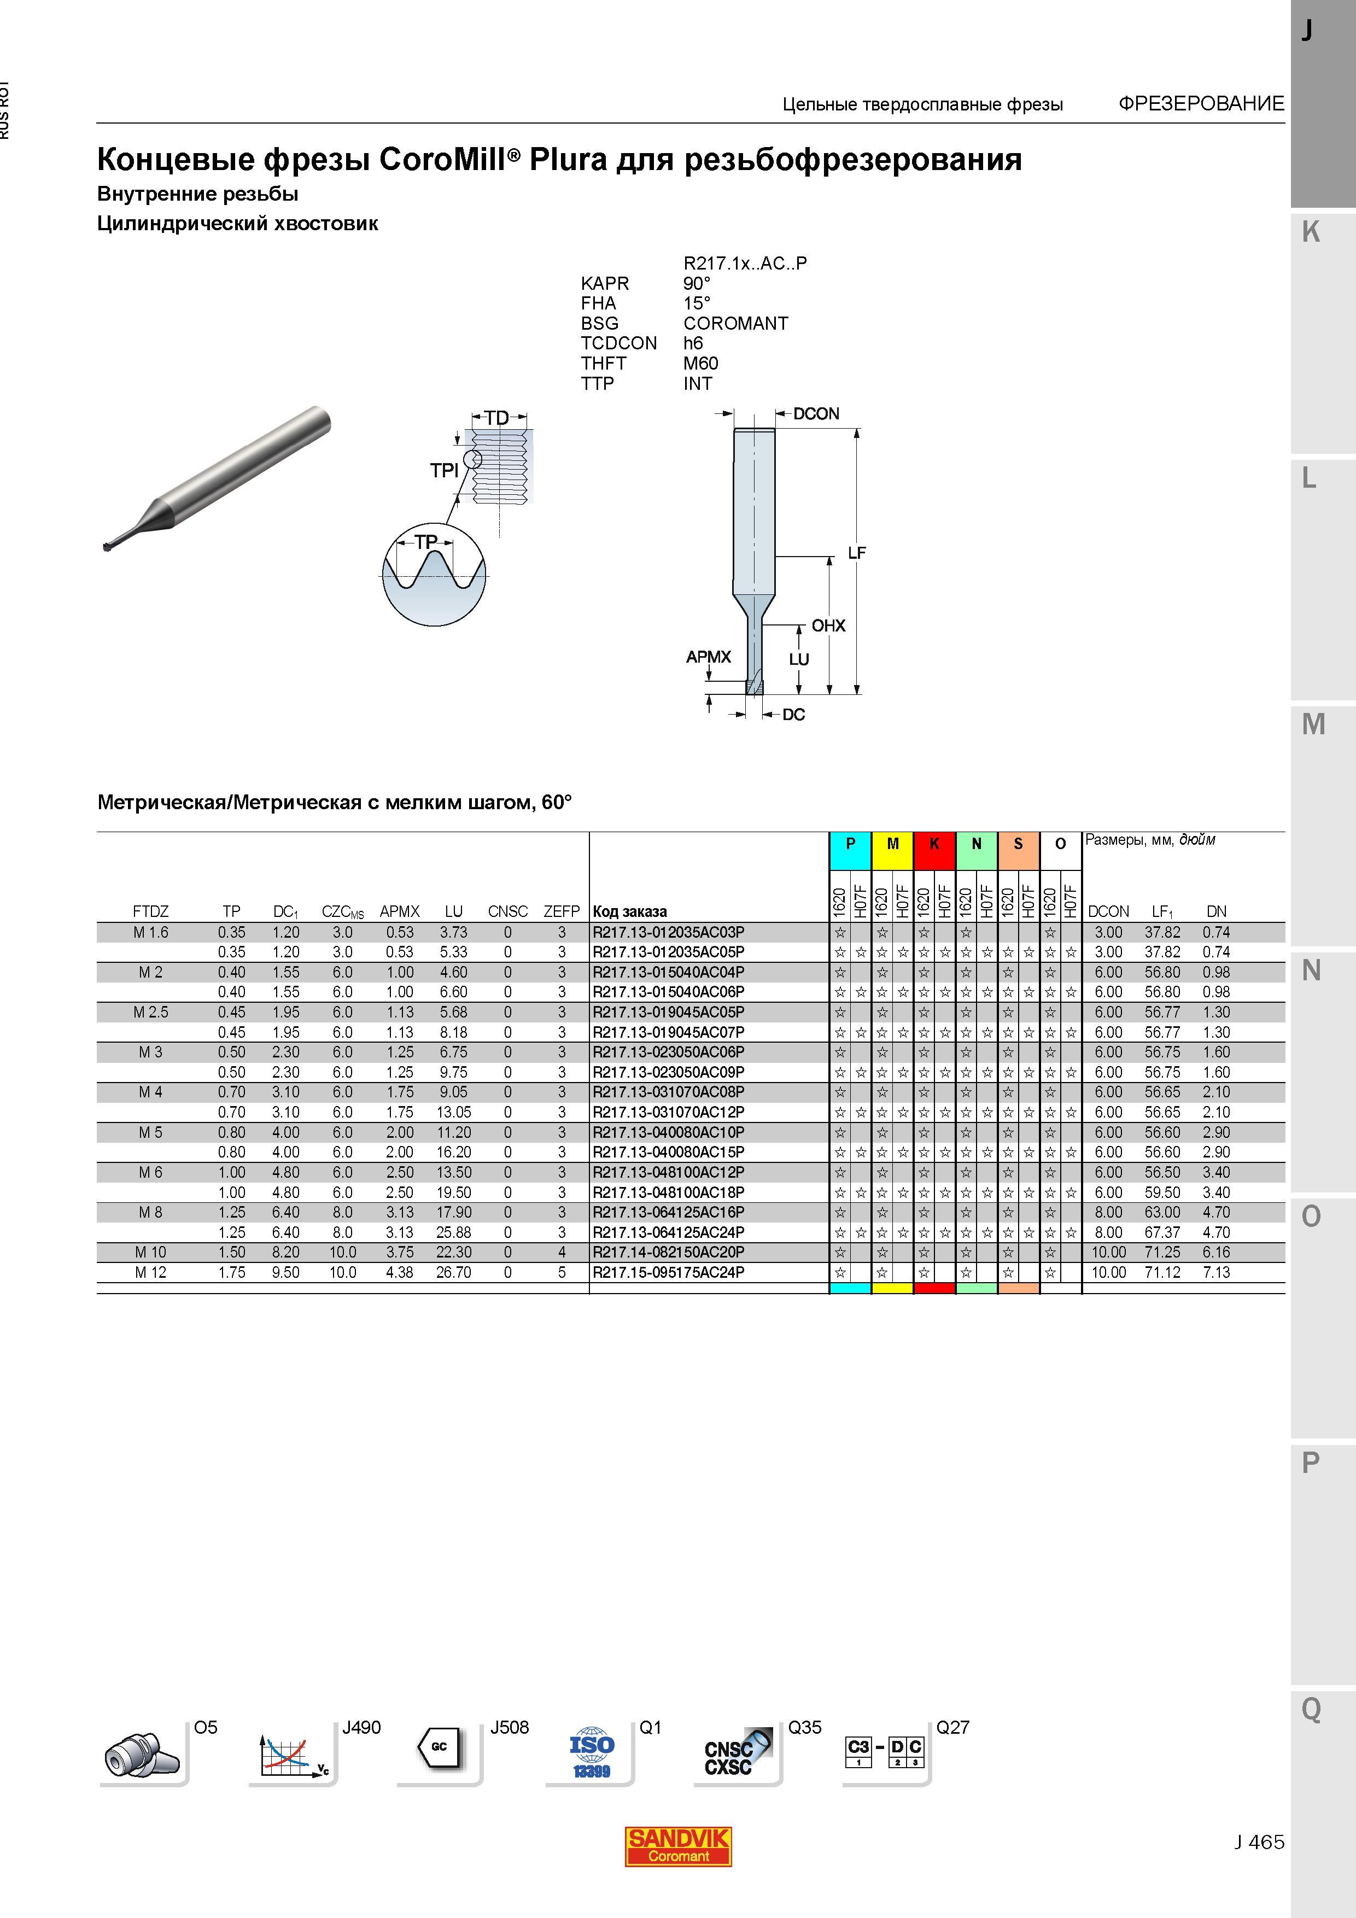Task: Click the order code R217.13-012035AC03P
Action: tap(668, 932)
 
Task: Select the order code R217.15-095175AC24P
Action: tap(668, 1272)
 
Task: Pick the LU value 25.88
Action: tap(454, 1232)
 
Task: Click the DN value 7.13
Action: tap(1217, 1272)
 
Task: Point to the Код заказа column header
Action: tap(630, 911)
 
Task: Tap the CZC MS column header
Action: tap(342, 911)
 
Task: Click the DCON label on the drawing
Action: tap(816, 413)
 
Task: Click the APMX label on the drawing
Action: tap(709, 657)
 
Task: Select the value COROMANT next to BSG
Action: tap(735, 323)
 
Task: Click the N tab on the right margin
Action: tap(1311, 970)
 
